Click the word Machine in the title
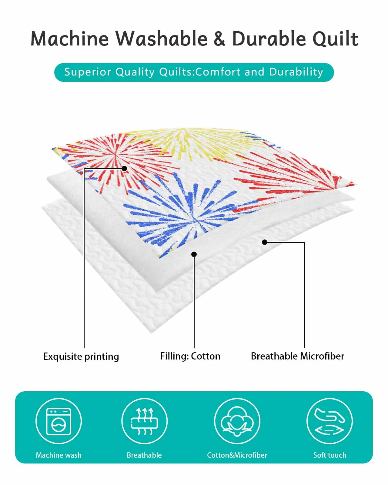coord(70,39)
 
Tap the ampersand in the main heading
coord(219,39)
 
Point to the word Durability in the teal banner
coord(296,72)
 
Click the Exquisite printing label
coord(81,356)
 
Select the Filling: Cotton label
coord(190,356)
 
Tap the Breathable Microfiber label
coord(297,356)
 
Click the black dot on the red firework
coord(124,169)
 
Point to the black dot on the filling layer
coord(194,254)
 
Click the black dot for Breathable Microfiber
coord(265,242)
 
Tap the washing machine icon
coord(59,421)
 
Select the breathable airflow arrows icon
coord(144,421)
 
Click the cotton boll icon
coord(237,421)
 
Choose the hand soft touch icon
coord(329,421)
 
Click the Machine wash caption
coord(59,455)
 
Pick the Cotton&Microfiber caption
coord(237,455)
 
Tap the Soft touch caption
coord(329,455)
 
